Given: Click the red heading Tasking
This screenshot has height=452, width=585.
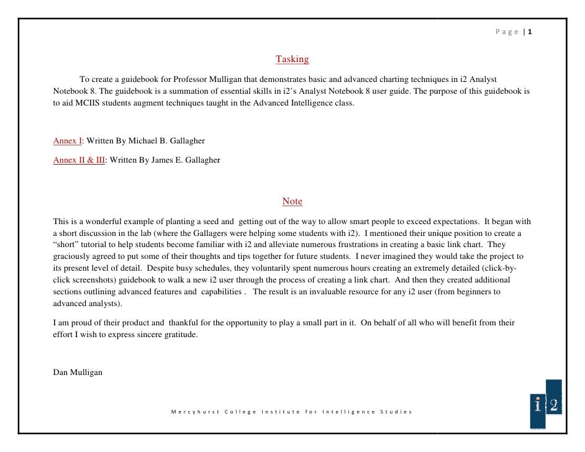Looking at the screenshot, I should (x=292, y=60).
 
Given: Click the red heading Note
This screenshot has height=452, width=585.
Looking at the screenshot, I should (x=292, y=201).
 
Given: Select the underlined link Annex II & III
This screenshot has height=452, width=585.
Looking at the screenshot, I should (x=79, y=160).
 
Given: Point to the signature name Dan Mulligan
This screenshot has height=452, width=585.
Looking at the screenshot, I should (x=78, y=373).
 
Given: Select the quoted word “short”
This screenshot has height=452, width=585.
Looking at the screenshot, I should (x=66, y=245).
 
